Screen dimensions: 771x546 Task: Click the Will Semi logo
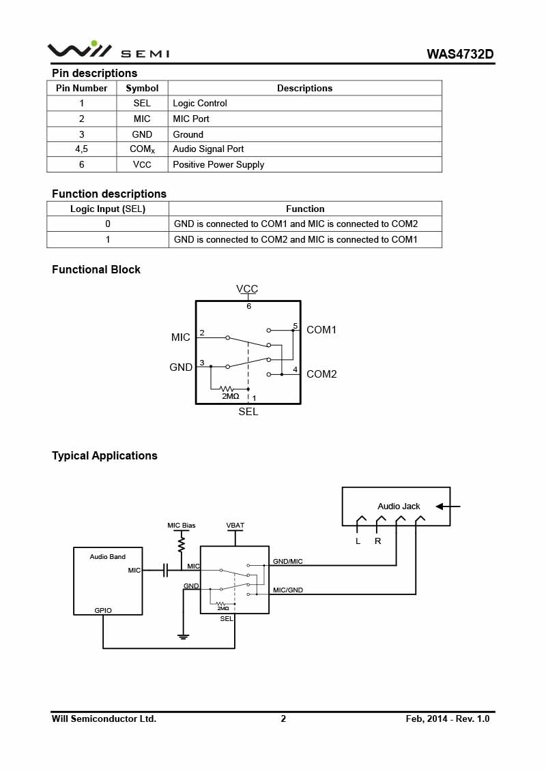[x=108, y=50]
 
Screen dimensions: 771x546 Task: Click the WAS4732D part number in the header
[x=459, y=54]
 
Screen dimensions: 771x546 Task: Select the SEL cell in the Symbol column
[x=142, y=103]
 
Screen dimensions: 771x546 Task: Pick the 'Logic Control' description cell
[x=200, y=103]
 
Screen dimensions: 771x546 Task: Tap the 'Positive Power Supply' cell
[x=218, y=164]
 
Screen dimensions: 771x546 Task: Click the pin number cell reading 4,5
[x=82, y=149]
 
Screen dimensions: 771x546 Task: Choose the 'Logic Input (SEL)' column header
[x=108, y=209]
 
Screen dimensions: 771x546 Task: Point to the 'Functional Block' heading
[x=96, y=269]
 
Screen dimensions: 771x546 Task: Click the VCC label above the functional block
[x=247, y=289]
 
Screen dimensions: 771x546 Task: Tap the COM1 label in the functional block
[x=321, y=330]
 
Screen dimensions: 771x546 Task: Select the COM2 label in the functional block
[x=321, y=374]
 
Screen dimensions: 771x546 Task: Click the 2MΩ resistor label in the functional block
[x=231, y=396]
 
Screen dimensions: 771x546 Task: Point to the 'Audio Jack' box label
[x=399, y=507]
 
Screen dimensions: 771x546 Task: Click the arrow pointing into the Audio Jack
[x=448, y=507]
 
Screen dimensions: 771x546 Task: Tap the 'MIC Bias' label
[x=182, y=526]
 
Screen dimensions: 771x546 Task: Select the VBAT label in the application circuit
[x=235, y=526]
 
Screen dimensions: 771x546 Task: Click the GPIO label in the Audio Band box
[x=103, y=610]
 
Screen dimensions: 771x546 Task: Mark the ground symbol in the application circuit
[x=183, y=637]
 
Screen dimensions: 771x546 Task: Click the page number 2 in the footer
[x=283, y=719]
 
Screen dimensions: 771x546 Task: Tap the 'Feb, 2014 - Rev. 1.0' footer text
[x=448, y=719]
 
